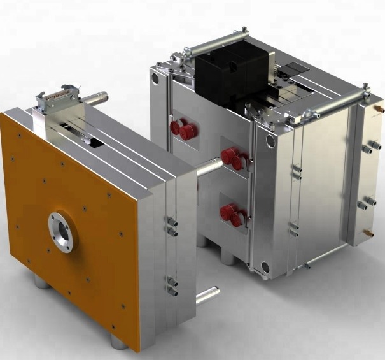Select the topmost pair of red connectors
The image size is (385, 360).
coord(185,131)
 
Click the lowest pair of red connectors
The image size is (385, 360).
coord(232,215)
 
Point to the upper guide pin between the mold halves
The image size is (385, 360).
coord(207,168)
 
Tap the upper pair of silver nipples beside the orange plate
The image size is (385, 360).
coord(170,224)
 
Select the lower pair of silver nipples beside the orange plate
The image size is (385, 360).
coord(171,285)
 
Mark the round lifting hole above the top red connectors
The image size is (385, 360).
coord(154,78)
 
